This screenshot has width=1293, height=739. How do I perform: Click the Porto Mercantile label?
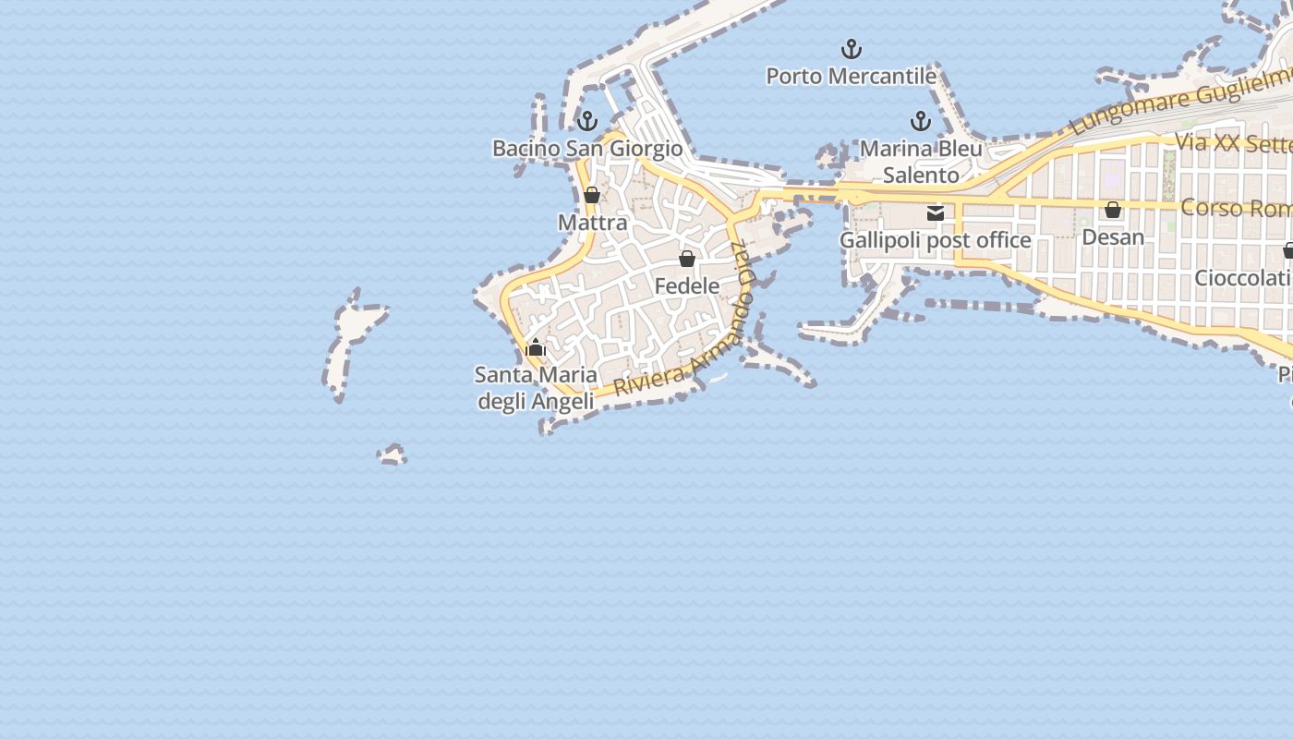(x=852, y=76)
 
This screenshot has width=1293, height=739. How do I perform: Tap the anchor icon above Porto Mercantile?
(x=851, y=48)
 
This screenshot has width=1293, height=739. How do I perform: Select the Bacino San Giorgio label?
(x=587, y=148)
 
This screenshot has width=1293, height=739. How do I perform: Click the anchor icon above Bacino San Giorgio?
(x=587, y=121)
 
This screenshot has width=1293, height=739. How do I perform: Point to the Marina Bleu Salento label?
(x=921, y=162)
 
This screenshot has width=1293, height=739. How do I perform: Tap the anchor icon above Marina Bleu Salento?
(x=920, y=121)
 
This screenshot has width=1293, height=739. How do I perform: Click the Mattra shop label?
(x=593, y=223)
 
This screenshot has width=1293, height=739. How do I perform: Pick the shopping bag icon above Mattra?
(x=592, y=195)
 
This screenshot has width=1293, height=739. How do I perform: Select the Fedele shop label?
(x=687, y=286)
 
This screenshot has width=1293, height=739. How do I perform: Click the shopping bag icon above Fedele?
(x=687, y=259)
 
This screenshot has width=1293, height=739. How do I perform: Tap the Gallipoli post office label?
(x=935, y=240)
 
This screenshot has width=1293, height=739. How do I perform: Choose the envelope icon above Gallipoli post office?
(x=936, y=213)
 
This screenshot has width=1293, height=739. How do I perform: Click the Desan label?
(x=1113, y=237)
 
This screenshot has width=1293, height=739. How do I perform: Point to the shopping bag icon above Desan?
(x=1113, y=210)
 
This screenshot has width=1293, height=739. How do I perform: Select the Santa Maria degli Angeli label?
(x=536, y=388)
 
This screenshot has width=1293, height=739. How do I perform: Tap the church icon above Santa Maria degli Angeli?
(x=536, y=348)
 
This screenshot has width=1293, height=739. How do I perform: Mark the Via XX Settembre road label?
(x=1233, y=143)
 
